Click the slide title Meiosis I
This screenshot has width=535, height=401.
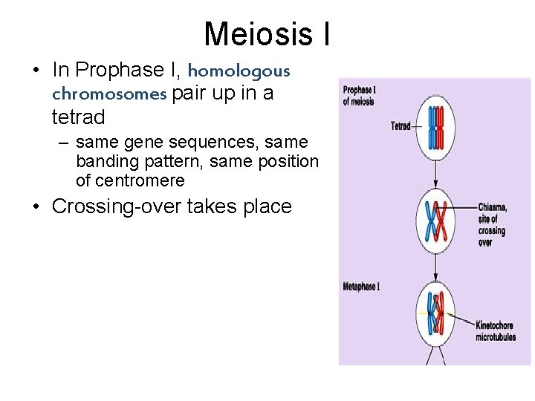[267, 33]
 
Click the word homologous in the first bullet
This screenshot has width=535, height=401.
[239, 71]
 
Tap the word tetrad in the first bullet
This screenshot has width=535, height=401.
[78, 117]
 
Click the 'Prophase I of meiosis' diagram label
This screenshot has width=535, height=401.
[360, 96]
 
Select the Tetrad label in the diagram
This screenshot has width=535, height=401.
[401, 126]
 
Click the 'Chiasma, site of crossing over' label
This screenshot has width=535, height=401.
[492, 225]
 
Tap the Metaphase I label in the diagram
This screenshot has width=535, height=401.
[361, 286]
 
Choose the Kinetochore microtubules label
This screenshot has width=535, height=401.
[496, 331]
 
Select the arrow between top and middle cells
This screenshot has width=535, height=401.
[436, 175]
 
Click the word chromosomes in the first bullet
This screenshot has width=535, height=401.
[108, 94]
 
